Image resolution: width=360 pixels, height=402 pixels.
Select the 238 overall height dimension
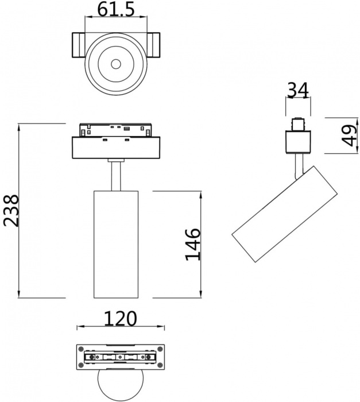11,211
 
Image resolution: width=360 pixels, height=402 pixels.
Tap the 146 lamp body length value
193,244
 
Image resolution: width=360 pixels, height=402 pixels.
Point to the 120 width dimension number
121,318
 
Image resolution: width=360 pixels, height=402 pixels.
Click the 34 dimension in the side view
297,90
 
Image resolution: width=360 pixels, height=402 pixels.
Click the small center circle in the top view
115,63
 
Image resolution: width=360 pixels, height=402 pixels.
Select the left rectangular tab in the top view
78,46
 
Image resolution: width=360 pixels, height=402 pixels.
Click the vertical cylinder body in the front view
115,243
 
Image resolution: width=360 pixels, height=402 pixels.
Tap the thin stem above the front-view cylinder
115,175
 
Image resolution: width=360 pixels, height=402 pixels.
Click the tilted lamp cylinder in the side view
284,214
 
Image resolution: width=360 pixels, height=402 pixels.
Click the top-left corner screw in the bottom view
81,349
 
